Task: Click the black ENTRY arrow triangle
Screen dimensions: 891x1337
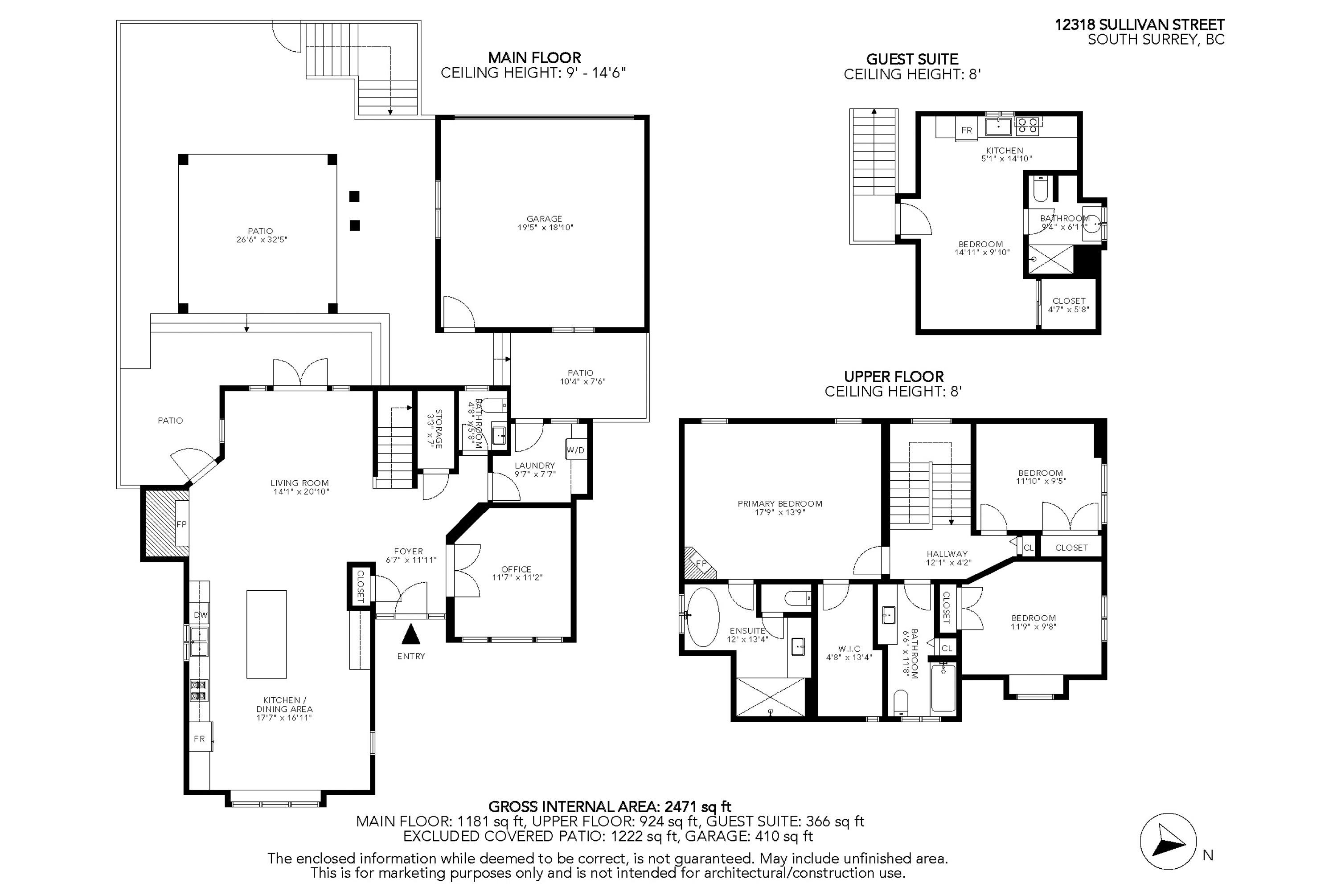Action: (410, 634)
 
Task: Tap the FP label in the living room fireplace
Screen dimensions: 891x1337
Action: (181, 524)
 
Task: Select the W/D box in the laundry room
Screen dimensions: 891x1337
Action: (575, 450)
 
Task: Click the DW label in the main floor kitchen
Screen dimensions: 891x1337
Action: (200, 615)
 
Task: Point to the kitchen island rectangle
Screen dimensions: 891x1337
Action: (266, 634)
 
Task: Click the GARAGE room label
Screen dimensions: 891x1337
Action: (544, 219)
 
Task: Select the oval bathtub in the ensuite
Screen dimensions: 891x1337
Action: (703, 617)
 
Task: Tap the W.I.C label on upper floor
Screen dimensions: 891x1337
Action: (849, 648)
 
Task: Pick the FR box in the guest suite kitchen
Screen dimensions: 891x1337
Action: (966, 130)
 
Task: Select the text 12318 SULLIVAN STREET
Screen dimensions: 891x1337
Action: (1139, 25)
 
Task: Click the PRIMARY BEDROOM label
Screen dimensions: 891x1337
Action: (779, 503)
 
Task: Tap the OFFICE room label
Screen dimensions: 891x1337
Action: (516, 569)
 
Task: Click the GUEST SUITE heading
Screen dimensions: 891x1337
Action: (912, 59)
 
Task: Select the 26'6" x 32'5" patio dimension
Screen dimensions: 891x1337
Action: (262, 240)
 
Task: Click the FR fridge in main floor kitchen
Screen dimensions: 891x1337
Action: (200, 739)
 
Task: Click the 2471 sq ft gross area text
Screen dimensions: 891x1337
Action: (697, 806)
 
